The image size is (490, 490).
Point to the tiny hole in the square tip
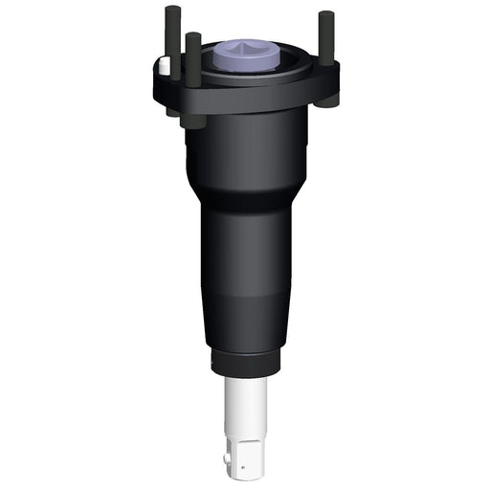pyautogui.click(x=245, y=468)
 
